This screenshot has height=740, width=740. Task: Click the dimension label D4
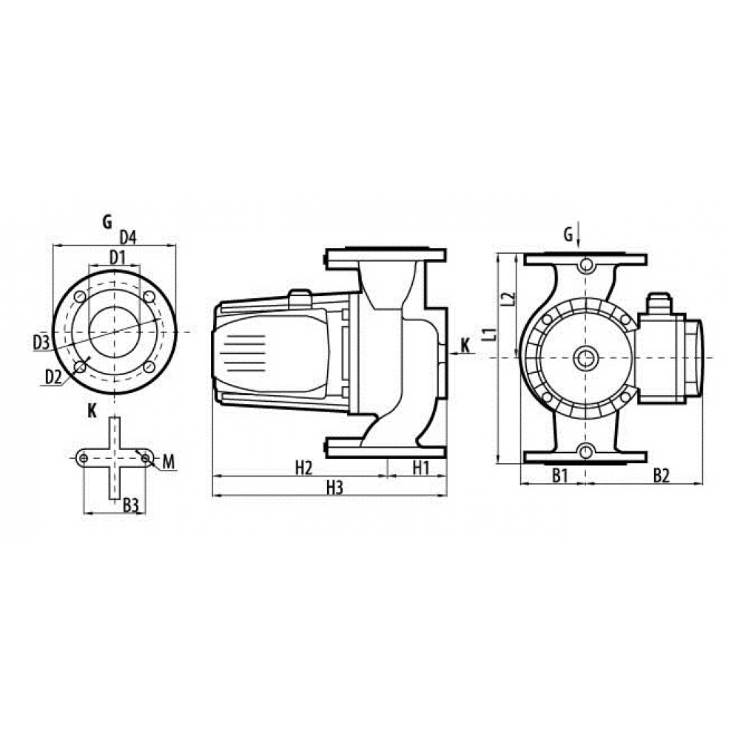[x=128, y=238]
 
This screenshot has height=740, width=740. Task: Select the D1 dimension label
[x=116, y=257]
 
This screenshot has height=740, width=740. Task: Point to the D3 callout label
[x=41, y=342]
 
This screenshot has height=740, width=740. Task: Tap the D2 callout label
[x=52, y=377]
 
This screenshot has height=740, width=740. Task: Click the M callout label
[x=168, y=462]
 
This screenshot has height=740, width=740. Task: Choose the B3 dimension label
[x=131, y=505]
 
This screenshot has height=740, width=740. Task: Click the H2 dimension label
[x=303, y=468]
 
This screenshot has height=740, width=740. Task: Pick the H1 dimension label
[x=421, y=468]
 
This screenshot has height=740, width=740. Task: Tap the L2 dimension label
[x=507, y=299]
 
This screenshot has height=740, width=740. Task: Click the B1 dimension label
[x=559, y=476]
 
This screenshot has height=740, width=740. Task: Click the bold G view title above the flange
[x=107, y=221]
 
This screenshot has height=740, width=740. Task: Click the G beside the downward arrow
[x=568, y=235]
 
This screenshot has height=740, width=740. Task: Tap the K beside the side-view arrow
[x=465, y=345]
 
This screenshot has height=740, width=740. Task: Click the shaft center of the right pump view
[x=586, y=358]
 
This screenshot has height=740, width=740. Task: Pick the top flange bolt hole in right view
[x=586, y=265]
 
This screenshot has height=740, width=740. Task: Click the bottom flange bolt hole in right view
[x=586, y=451]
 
